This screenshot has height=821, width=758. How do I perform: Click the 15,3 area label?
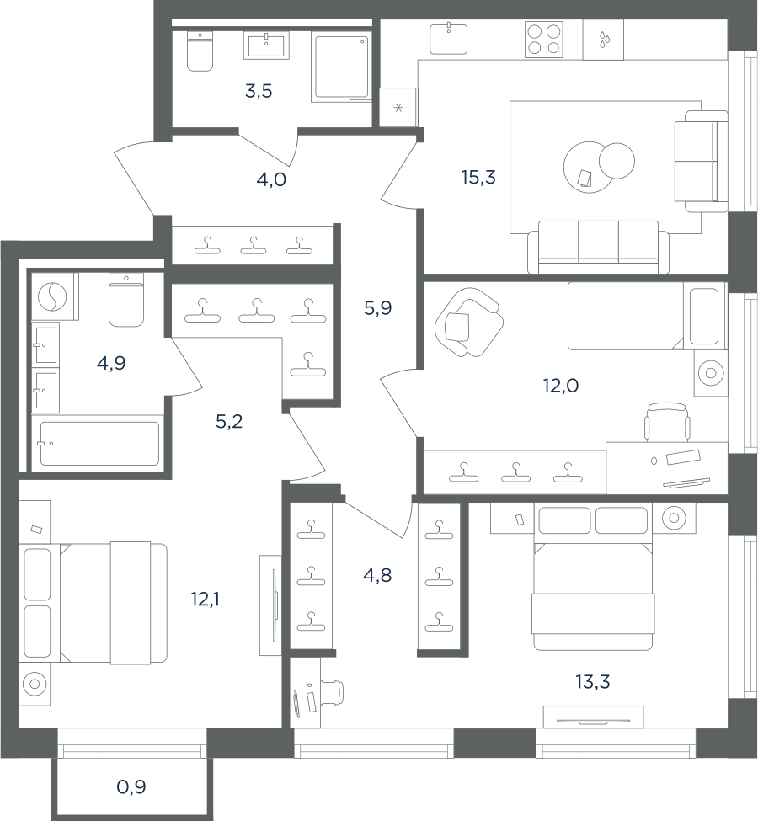[478, 178]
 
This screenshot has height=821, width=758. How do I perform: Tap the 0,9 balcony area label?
[131, 786]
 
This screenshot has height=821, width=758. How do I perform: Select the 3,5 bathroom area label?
[259, 91]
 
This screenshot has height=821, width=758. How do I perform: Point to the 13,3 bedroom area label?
[592, 682]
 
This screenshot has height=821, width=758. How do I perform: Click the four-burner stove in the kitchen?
[544, 40]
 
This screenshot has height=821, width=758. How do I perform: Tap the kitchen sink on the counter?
[448, 38]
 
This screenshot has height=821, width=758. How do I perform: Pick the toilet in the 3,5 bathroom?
[200, 51]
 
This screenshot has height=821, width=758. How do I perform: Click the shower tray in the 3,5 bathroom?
[341, 67]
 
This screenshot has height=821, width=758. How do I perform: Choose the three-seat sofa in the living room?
[598, 247]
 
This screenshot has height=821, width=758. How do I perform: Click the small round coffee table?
[617, 161]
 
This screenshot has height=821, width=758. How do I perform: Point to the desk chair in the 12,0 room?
[666, 422]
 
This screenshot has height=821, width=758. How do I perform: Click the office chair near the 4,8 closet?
[332, 692]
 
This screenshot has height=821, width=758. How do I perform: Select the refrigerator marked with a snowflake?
[398, 108]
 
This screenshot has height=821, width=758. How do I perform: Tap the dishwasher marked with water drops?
[603, 40]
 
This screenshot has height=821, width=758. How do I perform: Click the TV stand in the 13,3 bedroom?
[593, 717]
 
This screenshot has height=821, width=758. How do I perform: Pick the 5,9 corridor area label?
[377, 308]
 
